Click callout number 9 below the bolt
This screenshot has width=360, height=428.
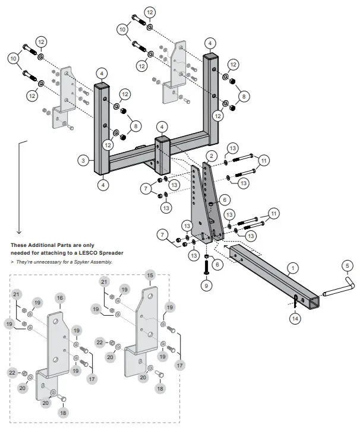pyautogui.click(x=207, y=286)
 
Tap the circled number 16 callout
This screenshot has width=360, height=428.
pyautogui.click(x=59, y=297)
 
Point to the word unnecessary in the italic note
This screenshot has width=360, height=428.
pyautogui.click(x=41, y=262)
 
